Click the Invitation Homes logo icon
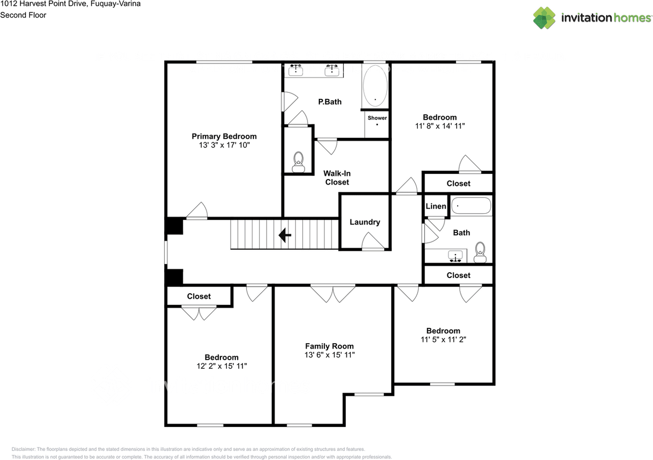(x=544, y=17)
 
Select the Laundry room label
(x=365, y=222)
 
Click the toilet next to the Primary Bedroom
(x=298, y=162)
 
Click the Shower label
(x=378, y=118)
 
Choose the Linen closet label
(x=436, y=206)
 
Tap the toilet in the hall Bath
(x=480, y=252)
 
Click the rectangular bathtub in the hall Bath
(x=471, y=207)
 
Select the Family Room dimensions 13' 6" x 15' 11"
(x=329, y=355)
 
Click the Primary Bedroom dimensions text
(x=224, y=145)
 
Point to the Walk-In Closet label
(x=337, y=178)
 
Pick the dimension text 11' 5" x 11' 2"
(x=443, y=340)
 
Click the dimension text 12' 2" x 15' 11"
(x=221, y=366)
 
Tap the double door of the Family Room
(x=333, y=292)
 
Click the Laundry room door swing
(x=373, y=242)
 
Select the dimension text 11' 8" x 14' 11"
(x=439, y=126)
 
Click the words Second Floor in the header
(x=23, y=15)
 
